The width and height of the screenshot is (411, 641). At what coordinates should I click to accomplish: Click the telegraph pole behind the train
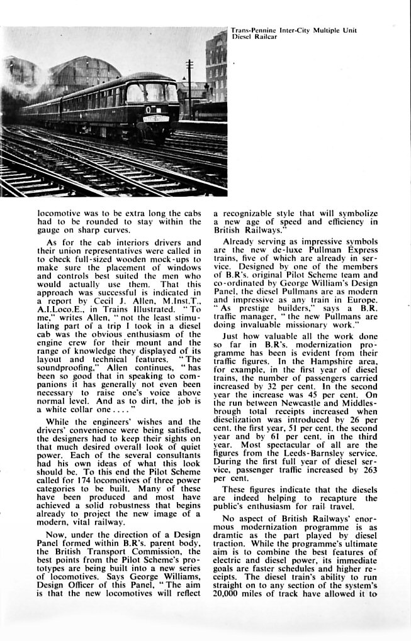coord(189,88)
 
